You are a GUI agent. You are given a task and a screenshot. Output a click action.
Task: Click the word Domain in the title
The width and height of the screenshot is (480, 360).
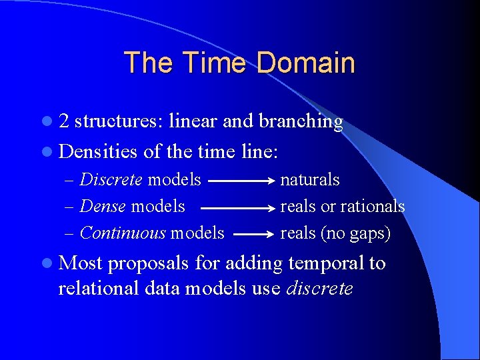click(x=305, y=63)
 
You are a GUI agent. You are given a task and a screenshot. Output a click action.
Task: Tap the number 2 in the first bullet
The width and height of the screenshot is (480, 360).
click(x=64, y=122)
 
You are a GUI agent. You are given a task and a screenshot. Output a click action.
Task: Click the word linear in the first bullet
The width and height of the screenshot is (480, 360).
click(x=194, y=122)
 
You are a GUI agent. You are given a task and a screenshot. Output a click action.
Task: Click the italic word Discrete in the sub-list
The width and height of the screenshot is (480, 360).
click(x=111, y=180)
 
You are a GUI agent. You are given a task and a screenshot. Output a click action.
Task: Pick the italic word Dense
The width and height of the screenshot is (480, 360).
click(x=103, y=207)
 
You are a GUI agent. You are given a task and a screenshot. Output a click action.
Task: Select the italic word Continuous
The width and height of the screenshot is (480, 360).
click(x=123, y=233)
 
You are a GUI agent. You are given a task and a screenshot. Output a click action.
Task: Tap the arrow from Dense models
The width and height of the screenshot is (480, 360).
click(x=237, y=207)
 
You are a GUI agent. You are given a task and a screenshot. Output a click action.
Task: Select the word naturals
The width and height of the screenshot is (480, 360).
click(x=310, y=180)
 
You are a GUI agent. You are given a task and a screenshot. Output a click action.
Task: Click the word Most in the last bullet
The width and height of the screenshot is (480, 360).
click(x=80, y=263)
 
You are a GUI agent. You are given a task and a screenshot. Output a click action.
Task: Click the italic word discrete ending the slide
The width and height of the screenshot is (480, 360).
click(x=319, y=289)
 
